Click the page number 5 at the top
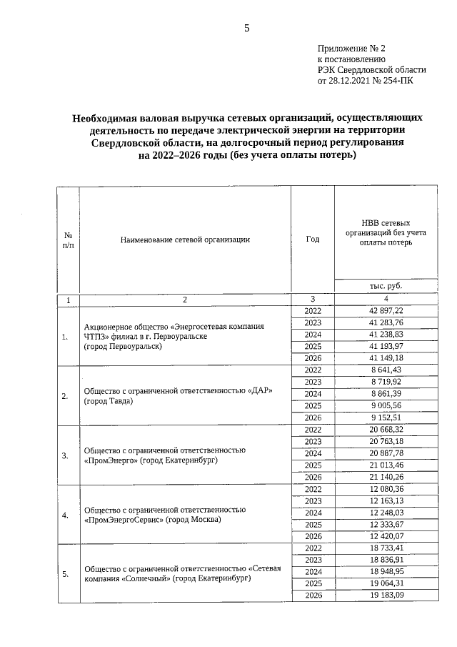[x=247, y=28]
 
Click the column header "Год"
[x=313, y=239]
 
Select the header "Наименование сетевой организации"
[x=185, y=239]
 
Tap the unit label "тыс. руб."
[x=386, y=285]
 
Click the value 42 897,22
[x=386, y=310]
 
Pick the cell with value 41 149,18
[x=386, y=357]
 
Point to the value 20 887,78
[x=386, y=453]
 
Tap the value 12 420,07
[x=386, y=536]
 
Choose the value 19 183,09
[x=386, y=596]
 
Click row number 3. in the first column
[x=65, y=455]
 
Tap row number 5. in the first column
[x=65, y=573]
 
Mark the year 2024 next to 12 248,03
[x=313, y=513]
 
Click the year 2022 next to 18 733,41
[x=313, y=548]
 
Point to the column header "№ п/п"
[x=69, y=239]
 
